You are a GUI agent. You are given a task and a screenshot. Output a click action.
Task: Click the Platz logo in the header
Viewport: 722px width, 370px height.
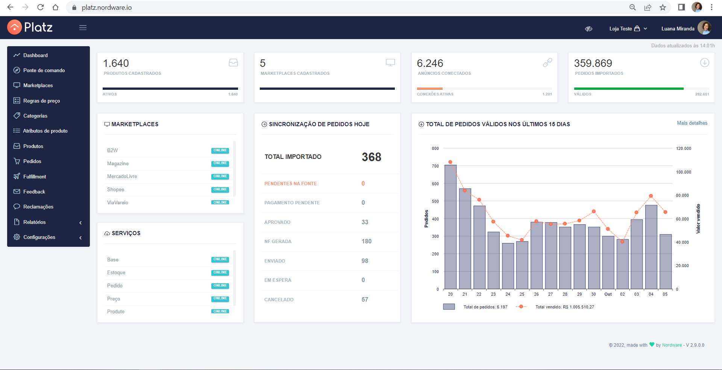point(30,27)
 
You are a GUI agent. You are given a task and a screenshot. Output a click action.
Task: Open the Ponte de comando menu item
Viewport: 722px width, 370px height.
point(44,70)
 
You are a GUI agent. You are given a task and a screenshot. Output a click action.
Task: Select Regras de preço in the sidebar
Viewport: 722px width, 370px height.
point(41,101)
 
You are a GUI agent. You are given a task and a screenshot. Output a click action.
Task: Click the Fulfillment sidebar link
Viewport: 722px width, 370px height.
point(35,177)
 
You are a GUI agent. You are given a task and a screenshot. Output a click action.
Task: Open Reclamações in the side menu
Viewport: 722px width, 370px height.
point(38,207)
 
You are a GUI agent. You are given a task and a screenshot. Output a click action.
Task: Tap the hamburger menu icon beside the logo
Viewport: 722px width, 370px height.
point(83,27)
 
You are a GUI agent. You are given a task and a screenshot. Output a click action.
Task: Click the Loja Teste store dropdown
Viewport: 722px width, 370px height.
point(628,29)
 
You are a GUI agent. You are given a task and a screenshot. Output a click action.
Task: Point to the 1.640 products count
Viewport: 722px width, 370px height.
point(116,63)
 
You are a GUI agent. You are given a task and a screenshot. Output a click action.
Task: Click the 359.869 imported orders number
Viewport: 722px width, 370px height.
point(593,63)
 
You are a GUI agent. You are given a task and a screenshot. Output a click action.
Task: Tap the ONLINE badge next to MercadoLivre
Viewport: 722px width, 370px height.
point(220,176)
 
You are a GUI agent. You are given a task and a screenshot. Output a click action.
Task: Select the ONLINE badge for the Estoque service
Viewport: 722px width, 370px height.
point(220,272)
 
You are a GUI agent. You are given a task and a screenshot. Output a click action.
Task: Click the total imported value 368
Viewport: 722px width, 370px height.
point(372,157)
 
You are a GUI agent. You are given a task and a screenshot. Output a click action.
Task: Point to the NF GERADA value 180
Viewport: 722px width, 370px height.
point(367,241)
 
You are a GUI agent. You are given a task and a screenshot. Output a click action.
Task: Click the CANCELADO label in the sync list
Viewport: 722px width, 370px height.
point(279,299)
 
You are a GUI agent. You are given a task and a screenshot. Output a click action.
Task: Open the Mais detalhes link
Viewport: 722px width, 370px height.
point(692,123)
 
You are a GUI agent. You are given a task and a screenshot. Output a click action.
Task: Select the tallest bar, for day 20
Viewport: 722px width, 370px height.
point(450,227)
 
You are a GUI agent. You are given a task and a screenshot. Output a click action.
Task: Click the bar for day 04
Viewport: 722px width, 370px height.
point(651,247)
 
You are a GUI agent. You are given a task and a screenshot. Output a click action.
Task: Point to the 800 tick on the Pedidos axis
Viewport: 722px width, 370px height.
point(435,148)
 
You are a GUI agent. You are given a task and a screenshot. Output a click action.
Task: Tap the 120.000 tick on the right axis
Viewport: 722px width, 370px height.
point(684,148)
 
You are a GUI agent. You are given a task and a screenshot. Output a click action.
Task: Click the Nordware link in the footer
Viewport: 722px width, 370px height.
point(672,345)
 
